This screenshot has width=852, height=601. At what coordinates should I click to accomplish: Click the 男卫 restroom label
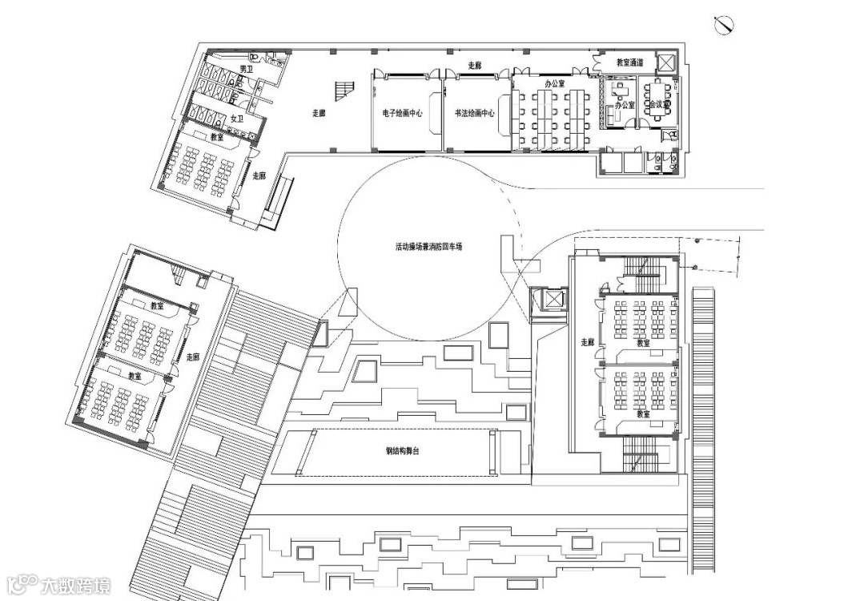(x=246, y=71)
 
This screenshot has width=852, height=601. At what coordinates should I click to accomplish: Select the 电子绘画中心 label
(x=408, y=113)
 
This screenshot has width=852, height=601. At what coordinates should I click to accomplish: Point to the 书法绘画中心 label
(x=474, y=113)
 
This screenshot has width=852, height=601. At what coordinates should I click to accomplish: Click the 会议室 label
(x=658, y=104)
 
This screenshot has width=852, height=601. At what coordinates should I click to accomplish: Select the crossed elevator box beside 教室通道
(x=666, y=63)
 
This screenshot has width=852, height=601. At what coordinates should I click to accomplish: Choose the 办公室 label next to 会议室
(x=625, y=105)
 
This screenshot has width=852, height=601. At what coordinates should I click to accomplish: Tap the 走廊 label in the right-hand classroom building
(x=587, y=342)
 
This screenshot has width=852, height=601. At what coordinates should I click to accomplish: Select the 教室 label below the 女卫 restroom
(x=217, y=137)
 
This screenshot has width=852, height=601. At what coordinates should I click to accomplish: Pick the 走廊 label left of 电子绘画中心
(x=319, y=113)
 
